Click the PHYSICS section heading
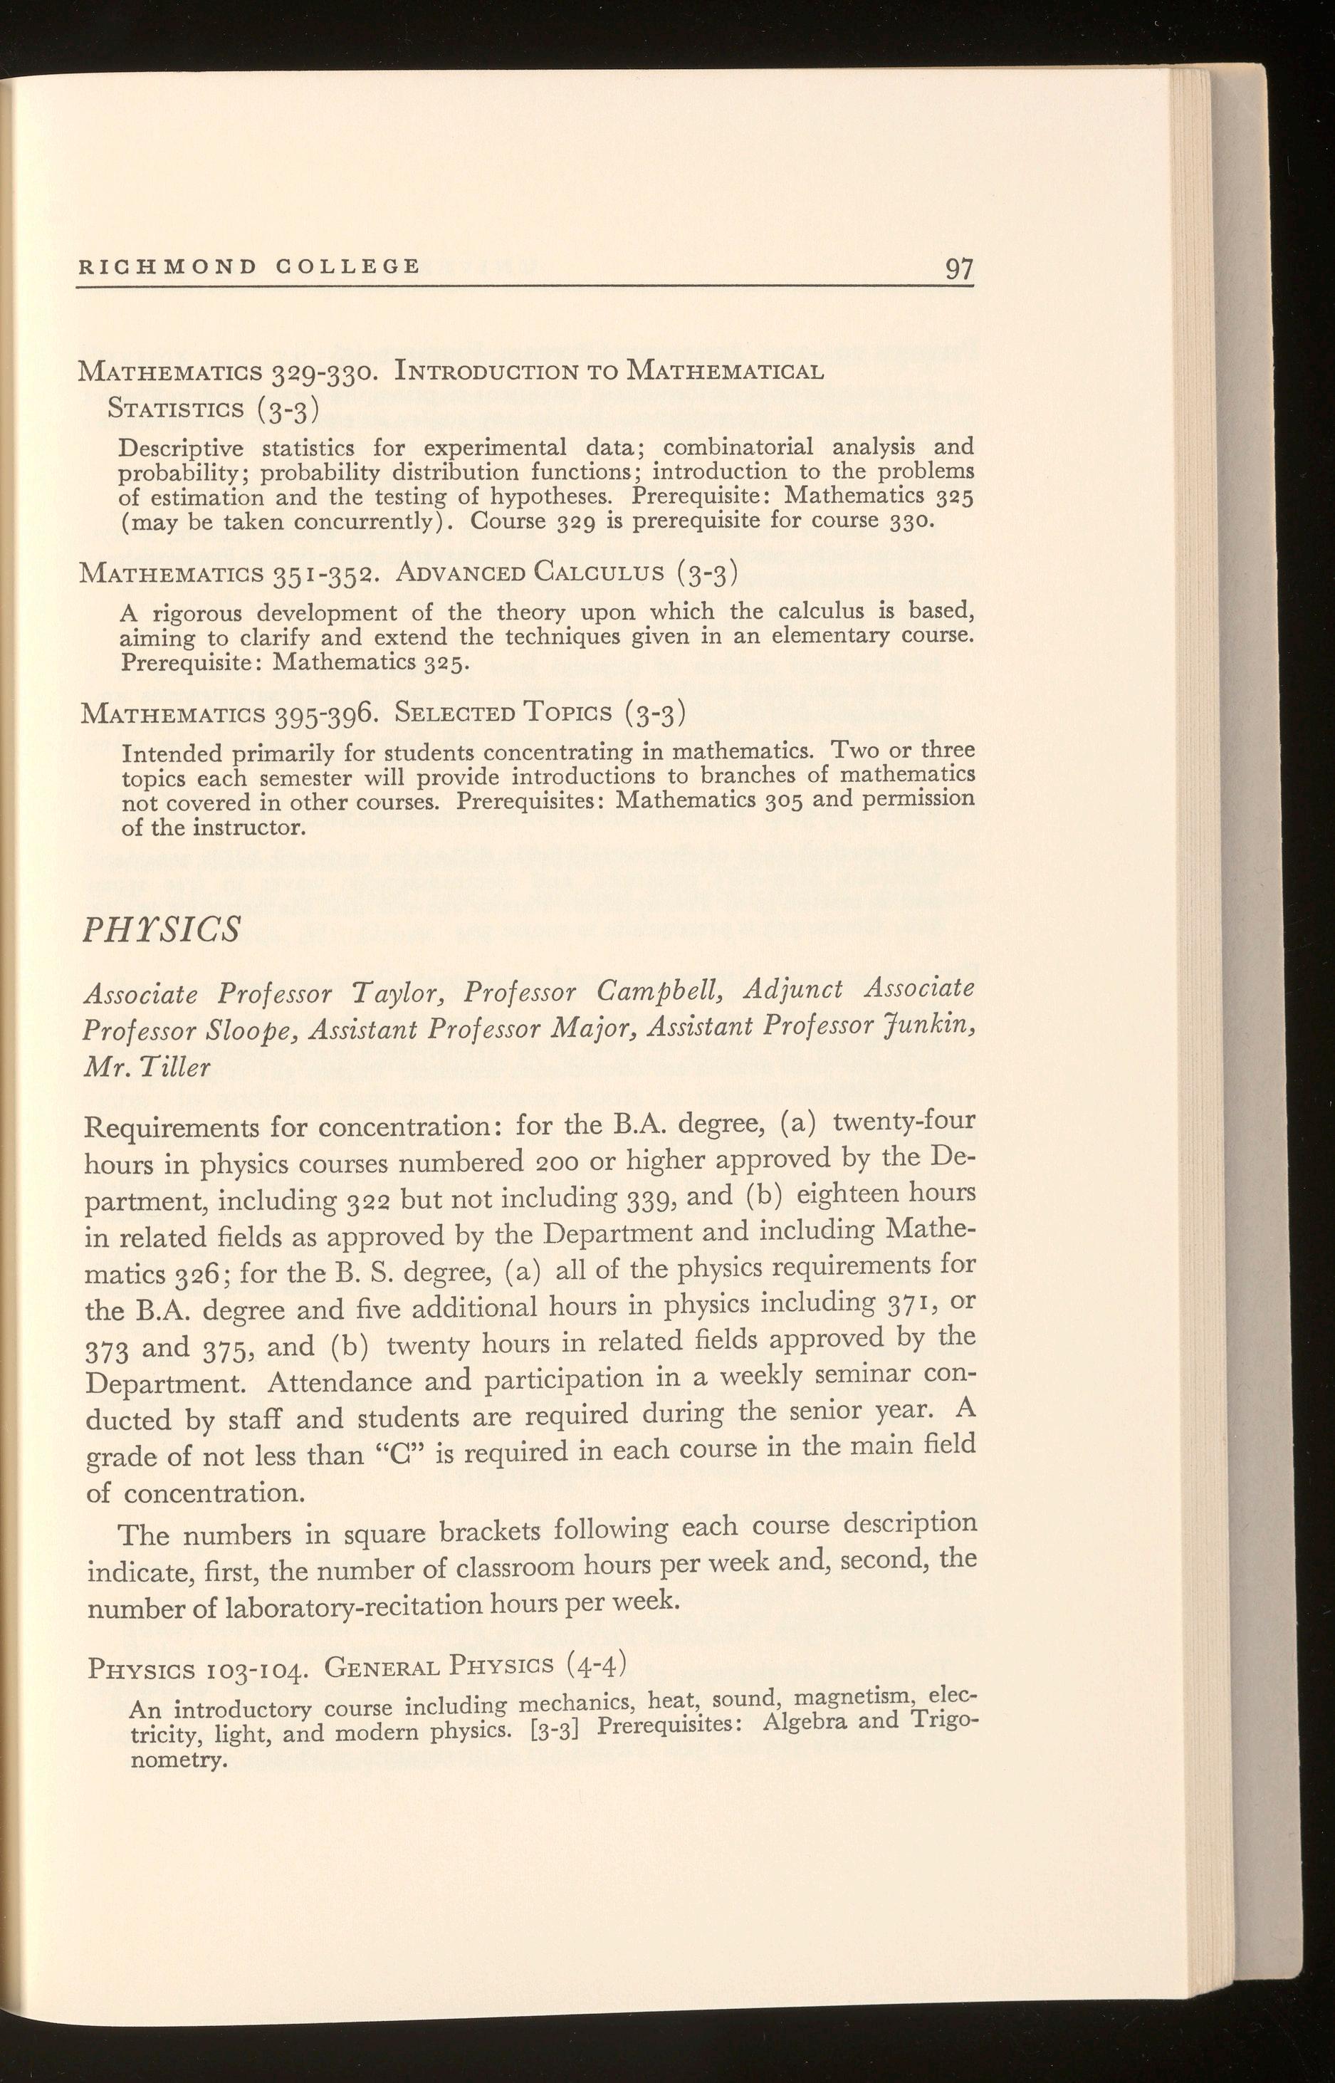pos(160,929)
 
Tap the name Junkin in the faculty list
pos(928,1026)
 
